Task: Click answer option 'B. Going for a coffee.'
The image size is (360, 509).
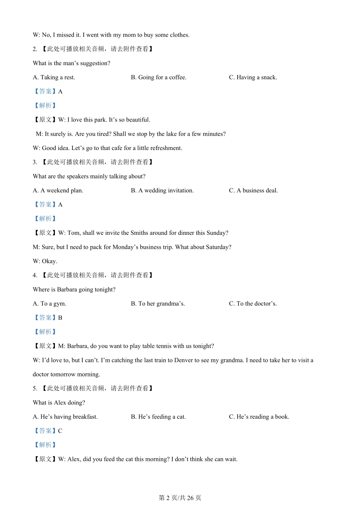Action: coord(158,77)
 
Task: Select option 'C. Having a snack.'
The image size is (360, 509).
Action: coord(253,77)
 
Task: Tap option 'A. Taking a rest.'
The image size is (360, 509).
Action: coord(54,77)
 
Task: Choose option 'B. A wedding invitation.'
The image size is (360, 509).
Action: coord(162,190)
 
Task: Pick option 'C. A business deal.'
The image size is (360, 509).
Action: coord(253,190)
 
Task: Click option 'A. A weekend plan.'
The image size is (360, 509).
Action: coord(58,190)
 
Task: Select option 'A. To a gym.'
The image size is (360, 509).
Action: coord(50,304)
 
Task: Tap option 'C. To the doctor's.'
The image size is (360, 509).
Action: coord(253,304)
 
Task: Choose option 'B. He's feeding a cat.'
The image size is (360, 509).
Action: coord(158,417)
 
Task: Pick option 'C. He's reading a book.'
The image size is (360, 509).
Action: coord(259,417)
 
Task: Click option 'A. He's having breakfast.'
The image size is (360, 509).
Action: coord(65,417)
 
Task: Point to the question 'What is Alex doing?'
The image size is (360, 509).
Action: coord(59,403)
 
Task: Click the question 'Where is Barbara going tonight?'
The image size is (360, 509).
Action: coord(74,290)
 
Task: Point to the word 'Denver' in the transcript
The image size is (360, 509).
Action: coord(184,360)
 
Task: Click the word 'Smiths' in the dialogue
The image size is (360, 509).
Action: coord(139,233)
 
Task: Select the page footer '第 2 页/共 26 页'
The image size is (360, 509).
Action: coord(180,498)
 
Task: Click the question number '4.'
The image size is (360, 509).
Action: coord(35,275)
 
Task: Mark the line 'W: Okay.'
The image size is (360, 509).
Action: coord(45,261)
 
